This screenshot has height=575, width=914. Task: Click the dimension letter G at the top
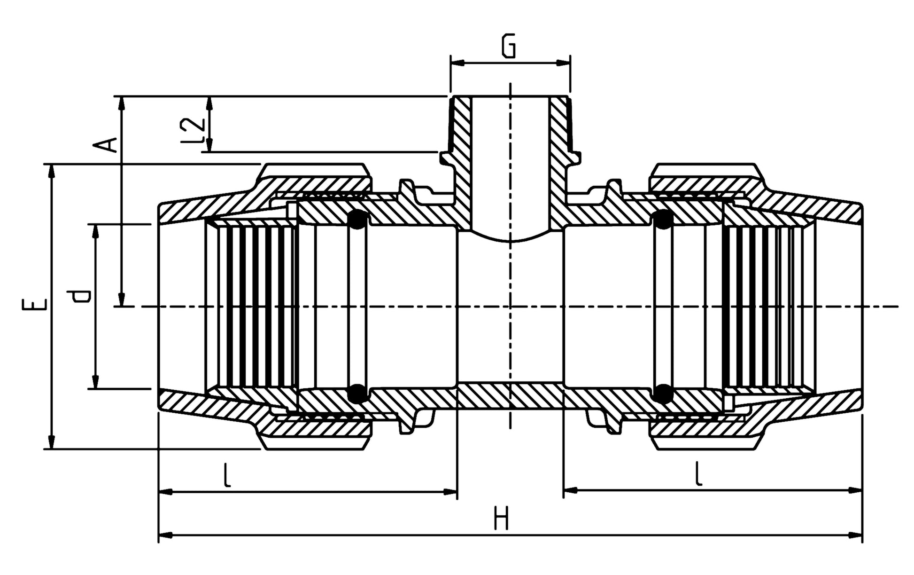pos(508,46)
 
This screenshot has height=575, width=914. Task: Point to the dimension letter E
pos(34,304)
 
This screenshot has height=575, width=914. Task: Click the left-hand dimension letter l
pos(227,475)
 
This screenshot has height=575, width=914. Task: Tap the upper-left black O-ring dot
pos(358,220)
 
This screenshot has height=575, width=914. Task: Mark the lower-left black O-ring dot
pos(358,394)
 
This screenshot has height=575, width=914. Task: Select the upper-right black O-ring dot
pos(663,220)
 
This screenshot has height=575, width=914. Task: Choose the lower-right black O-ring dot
pos(663,394)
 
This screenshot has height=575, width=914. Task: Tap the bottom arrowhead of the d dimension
pos(95,382)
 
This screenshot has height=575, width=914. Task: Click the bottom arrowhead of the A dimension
pos(122,299)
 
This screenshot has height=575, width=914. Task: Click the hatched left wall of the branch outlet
pos(462,160)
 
